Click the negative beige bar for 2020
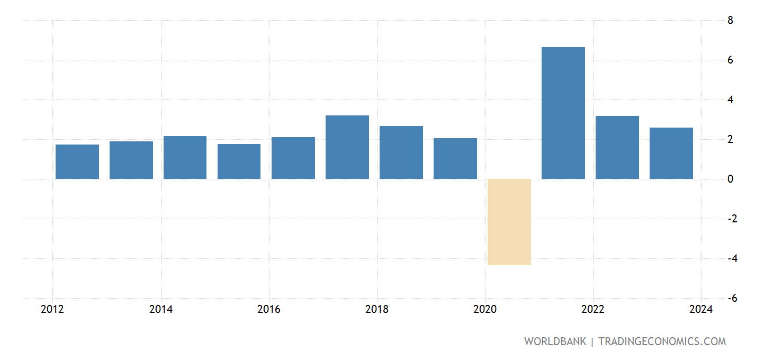coord(509,222)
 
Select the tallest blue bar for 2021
coord(563,113)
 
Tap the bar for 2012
coord(77,161)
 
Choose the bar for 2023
coord(671,153)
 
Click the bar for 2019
coord(455,158)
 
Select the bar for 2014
coord(185,157)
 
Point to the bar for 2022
coord(617,147)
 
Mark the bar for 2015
coord(239,161)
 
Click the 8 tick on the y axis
coord(730,21)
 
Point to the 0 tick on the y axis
coord(730,179)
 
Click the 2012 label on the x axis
coord(52,310)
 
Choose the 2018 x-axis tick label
coord(376,310)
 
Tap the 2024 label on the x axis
coord(700,310)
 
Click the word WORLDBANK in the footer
coord(555,341)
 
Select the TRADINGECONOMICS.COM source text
coord(662,341)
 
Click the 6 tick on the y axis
coord(730,60)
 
